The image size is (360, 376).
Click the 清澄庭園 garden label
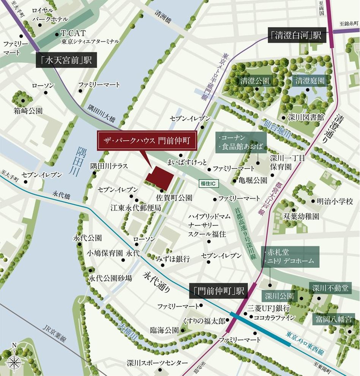310,81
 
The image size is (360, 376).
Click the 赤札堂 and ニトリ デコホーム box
290,256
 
